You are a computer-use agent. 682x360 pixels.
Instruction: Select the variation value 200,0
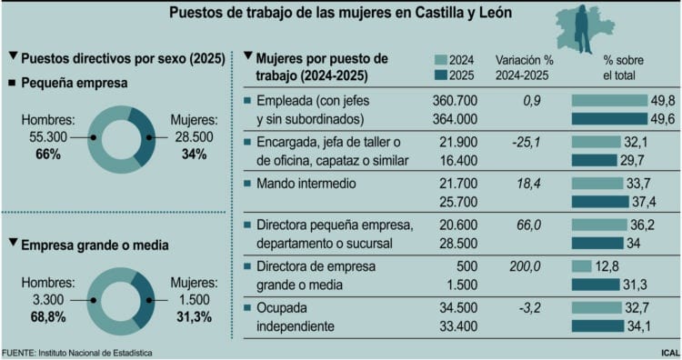click(x=525, y=265)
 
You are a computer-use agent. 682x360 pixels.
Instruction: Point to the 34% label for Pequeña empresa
click(x=194, y=154)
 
